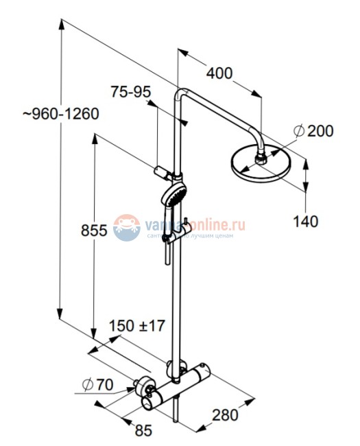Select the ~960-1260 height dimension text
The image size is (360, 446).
point(60,114)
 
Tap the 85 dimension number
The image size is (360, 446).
point(143,431)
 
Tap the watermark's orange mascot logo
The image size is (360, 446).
point(126,226)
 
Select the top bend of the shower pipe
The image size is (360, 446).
point(182,94)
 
